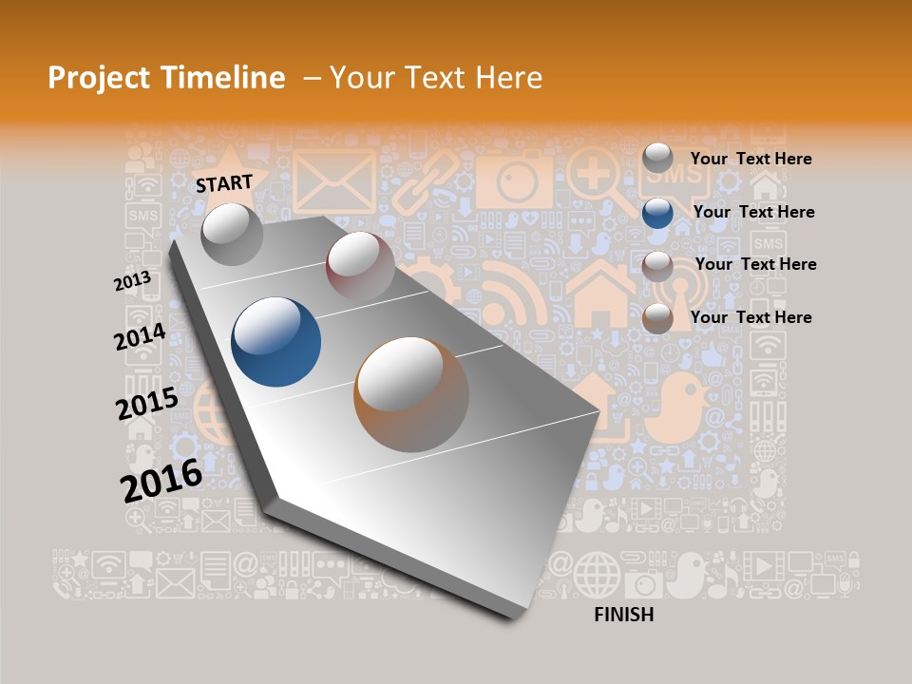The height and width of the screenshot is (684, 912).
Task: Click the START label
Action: pyautogui.click(x=224, y=183)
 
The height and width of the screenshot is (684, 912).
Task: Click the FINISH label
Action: pyautogui.click(x=623, y=615)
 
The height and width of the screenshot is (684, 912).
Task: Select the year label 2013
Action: pyautogui.click(x=133, y=281)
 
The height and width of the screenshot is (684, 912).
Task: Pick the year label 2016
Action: pyautogui.click(x=161, y=481)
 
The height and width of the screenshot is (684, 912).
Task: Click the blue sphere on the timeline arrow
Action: pyautogui.click(x=276, y=342)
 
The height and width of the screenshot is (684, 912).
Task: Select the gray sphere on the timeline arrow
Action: pyautogui.click(x=233, y=234)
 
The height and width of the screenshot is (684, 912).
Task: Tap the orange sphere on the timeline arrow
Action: pyautogui.click(x=411, y=394)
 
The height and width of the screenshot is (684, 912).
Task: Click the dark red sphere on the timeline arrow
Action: pyautogui.click(x=360, y=265)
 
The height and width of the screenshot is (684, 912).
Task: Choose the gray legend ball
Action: pyautogui.click(x=657, y=159)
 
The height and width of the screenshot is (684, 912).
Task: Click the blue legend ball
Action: pyautogui.click(x=657, y=213)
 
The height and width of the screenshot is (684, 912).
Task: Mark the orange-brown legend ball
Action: pyautogui.click(x=657, y=318)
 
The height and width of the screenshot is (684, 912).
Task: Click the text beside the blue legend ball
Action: pyautogui.click(x=753, y=212)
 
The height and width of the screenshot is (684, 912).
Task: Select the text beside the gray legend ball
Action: pyautogui.click(x=750, y=159)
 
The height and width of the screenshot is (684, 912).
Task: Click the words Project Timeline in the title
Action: pyautogui.click(x=166, y=78)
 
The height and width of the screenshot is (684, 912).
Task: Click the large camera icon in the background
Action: pyautogui.click(x=514, y=179)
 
